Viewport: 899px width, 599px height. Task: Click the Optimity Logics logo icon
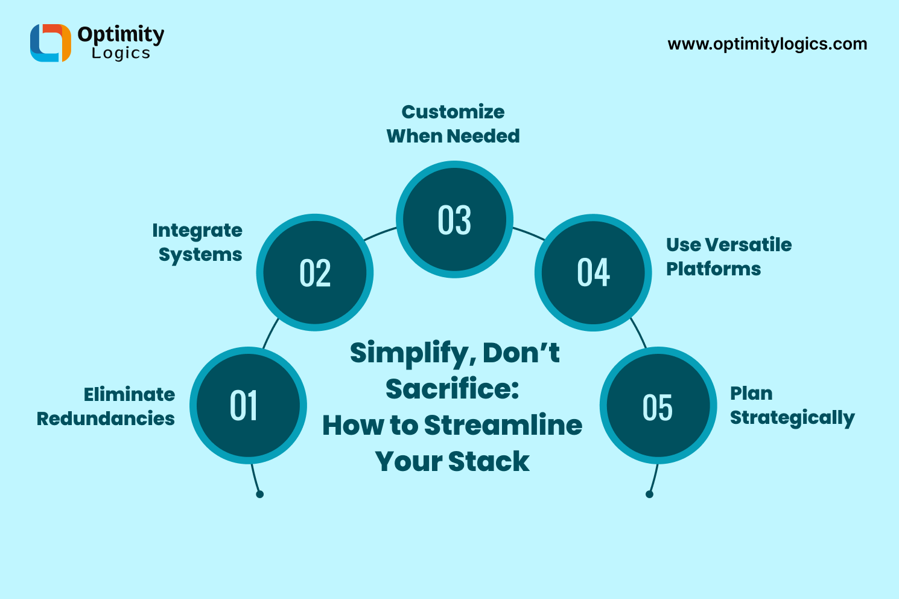51,43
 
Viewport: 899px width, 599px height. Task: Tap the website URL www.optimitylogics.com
767,44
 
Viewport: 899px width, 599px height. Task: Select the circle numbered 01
248,405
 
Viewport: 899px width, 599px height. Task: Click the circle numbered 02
315,272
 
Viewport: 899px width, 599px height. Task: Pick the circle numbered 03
454,219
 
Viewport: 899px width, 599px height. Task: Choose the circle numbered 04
593,272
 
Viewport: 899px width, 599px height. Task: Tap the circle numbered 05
658,406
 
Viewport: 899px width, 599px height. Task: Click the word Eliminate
129,394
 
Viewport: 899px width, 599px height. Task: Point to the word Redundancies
106,418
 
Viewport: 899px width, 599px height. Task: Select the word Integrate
197,231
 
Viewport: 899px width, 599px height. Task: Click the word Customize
453,112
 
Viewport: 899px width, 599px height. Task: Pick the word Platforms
713,269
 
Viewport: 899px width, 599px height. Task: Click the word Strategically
792,418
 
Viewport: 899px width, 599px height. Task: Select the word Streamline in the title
503,425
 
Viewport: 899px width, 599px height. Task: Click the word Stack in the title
489,462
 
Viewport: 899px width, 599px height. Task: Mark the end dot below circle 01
259,494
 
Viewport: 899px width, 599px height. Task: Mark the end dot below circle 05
649,494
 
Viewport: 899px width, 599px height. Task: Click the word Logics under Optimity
121,54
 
